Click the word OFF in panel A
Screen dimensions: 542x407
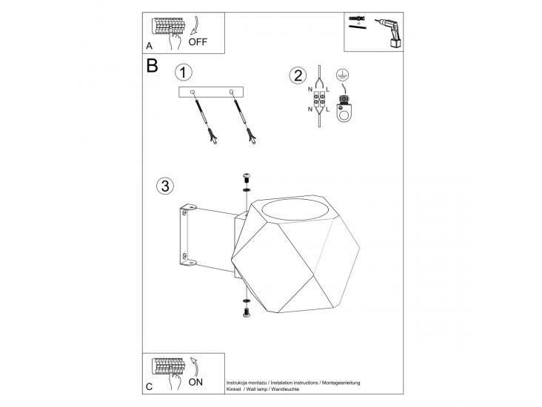click(x=198, y=41)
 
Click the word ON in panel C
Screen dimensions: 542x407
click(x=195, y=382)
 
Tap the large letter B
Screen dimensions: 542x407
click(x=152, y=65)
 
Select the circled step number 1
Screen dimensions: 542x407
click(x=183, y=73)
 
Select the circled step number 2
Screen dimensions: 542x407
click(x=298, y=75)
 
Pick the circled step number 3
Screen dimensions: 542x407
click(x=165, y=186)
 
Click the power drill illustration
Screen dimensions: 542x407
click(x=389, y=33)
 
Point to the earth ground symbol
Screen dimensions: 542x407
click(x=342, y=74)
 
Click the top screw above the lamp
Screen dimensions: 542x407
click(x=247, y=178)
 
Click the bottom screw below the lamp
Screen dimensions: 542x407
click(x=247, y=313)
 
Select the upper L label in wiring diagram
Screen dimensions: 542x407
click(x=328, y=90)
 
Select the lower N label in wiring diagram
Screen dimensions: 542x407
click(x=310, y=110)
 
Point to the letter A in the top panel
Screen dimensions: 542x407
click(x=149, y=46)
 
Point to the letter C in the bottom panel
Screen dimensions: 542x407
click(x=149, y=386)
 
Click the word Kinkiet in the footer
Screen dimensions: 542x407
click(x=234, y=389)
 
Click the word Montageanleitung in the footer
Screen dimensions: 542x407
click(x=341, y=383)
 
